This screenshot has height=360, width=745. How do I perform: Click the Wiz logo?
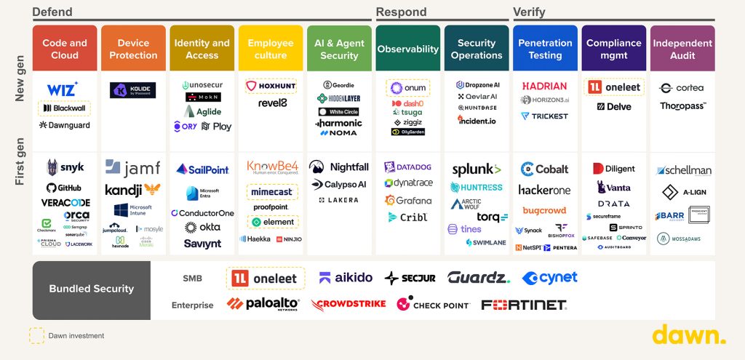(62, 89)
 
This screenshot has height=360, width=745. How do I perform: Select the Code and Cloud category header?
(65, 49)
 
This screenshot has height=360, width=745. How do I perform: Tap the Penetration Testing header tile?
(545, 49)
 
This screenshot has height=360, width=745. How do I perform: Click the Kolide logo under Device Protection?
(132, 90)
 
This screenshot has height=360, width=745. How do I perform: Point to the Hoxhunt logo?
(271, 86)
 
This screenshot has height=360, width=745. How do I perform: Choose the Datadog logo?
(407, 167)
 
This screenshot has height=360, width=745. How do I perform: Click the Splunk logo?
(476, 169)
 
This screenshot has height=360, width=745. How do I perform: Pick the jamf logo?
(132, 168)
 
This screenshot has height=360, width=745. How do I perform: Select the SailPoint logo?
(202, 169)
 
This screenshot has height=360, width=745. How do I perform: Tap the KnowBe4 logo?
(271, 167)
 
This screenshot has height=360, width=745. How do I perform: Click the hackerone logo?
(544, 190)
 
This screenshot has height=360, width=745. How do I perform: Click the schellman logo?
(683, 170)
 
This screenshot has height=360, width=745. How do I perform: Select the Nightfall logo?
(339, 167)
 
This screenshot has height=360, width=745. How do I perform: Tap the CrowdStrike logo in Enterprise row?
(348, 303)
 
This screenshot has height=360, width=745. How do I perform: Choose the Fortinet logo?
(523, 305)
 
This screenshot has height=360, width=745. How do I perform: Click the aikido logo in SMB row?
(345, 278)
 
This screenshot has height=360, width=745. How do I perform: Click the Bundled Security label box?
(92, 289)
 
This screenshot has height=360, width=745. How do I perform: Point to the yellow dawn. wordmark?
(688, 335)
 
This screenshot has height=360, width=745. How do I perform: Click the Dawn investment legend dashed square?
(36, 335)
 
